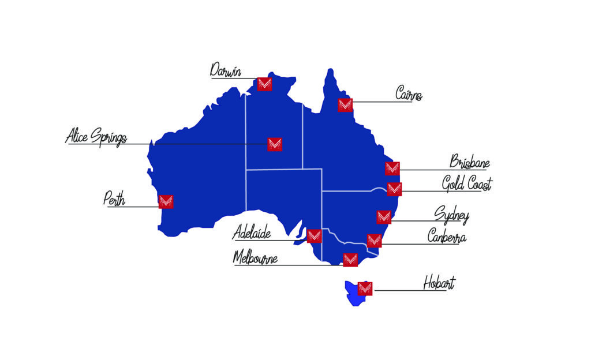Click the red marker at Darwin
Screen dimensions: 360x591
pos(265,84)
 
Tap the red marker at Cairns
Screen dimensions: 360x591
pos(345,104)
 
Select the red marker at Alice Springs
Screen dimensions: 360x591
pos(275,144)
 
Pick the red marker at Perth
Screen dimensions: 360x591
pos(166,201)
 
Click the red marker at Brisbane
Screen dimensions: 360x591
pos(392,168)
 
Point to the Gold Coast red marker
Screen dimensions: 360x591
pos(394,189)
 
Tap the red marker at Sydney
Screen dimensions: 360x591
pos(384,217)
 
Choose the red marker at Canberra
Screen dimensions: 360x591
pos(374,241)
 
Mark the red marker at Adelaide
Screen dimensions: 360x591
pos(315,235)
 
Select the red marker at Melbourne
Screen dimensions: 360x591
pos(350,260)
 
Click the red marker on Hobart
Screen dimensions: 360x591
pos(365,288)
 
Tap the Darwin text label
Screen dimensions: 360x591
pos(225,71)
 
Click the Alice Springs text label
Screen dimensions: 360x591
pos(96,137)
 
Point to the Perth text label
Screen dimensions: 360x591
pos(114,199)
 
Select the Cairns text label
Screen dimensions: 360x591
pos(409,93)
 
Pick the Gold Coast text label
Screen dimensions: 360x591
pos(467,185)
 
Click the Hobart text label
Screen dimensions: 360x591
pos(439,283)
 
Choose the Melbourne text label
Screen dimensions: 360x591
pos(255,257)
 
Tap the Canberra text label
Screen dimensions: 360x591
pos(447,237)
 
